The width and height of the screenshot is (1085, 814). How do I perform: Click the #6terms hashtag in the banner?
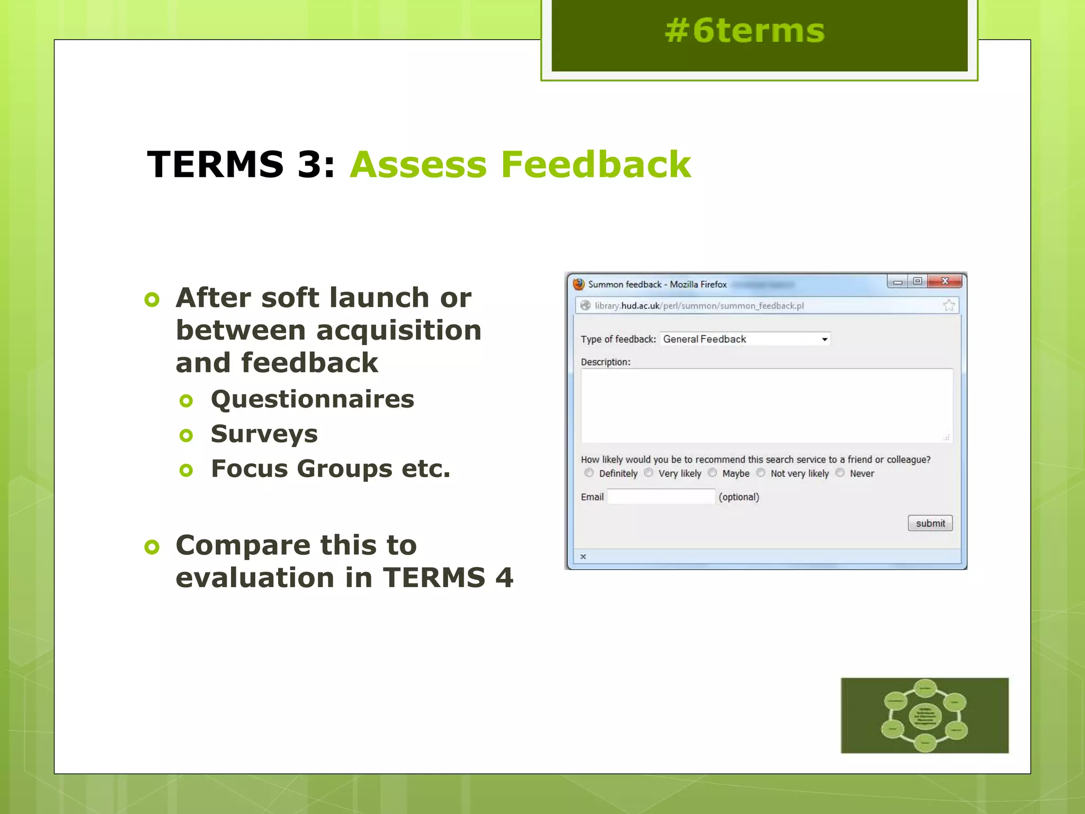click(x=744, y=31)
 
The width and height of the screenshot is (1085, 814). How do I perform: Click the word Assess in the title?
click(x=418, y=164)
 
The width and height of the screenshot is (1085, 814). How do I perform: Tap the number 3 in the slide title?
click(x=309, y=164)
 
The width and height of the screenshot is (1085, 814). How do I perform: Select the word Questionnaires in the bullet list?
click(x=312, y=399)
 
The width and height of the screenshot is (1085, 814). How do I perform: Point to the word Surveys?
click(x=264, y=434)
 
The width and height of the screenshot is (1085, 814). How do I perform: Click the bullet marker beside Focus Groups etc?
click(x=186, y=470)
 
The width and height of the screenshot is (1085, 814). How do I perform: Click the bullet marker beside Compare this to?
click(x=152, y=546)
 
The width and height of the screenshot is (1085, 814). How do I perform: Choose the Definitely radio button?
click(x=589, y=473)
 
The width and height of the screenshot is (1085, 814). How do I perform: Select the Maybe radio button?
click(x=713, y=473)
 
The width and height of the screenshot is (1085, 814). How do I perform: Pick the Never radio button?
click(x=840, y=473)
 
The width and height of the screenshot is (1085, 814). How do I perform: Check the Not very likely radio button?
click(x=761, y=473)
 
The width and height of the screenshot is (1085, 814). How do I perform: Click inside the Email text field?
click(x=661, y=497)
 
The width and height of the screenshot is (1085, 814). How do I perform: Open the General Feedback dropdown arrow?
click(x=824, y=339)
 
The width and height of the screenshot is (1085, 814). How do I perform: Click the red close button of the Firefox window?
click(x=945, y=281)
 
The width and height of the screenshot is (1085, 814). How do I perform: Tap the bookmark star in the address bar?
click(x=949, y=305)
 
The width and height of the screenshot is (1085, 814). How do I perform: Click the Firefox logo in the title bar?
click(x=579, y=284)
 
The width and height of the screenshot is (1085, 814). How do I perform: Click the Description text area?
click(x=766, y=405)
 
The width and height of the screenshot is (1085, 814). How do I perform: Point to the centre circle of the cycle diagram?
click(x=925, y=716)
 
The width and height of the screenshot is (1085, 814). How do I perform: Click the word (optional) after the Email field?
click(x=739, y=497)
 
